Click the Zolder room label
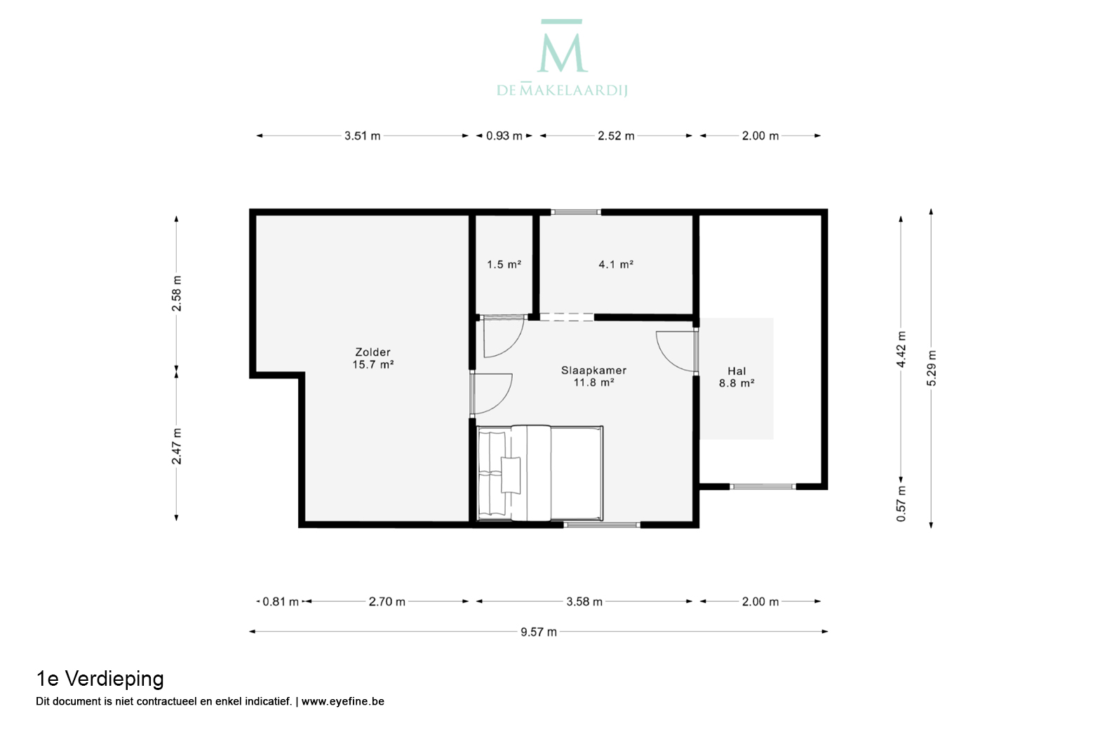pyautogui.click(x=373, y=352)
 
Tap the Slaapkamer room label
pyautogui.click(x=593, y=370)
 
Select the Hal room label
pyautogui.click(x=737, y=371)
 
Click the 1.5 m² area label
pyautogui.click(x=504, y=265)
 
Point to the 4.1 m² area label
pyautogui.click(x=616, y=265)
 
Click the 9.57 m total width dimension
pyautogui.click(x=539, y=632)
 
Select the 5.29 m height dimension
pyautogui.click(x=931, y=368)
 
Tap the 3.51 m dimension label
pyautogui.click(x=362, y=135)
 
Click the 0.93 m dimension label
pyautogui.click(x=504, y=135)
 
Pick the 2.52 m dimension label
pyautogui.click(x=616, y=135)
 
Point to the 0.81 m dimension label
pyautogui.click(x=280, y=602)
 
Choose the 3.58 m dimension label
pyautogui.click(x=584, y=602)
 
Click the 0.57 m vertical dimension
pyautogui.click(x=901, y=503)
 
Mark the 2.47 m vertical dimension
pyautogui.click(x=176, y=446)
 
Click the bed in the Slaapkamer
pyautogui.click(x=540, y=473)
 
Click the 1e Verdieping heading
pyautogui.click(x=100, y=679)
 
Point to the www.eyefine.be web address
pyautogui.click(x=342, y=701)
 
